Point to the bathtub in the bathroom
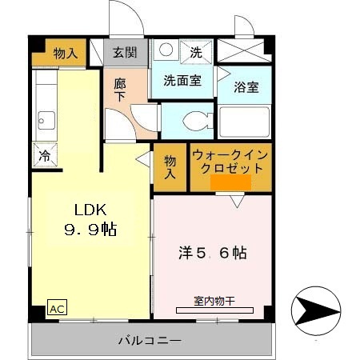pyautogui.click(x=244, y=122)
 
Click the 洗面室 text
pyautogui.click(x=182, y=80)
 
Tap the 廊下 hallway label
pyautogui.click(x=120, y=88)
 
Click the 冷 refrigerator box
pyautogui.click(x=44, y=156)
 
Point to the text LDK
pyautogui.click(x=90, y=210)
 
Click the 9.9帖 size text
pyautogui.click(x=90, y=230)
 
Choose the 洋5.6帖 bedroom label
pyautogui.click(x=211, y=253)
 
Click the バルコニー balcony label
pyautogui.click(x=150, y=340)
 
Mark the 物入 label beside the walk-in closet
pyautogui.click(x=170, y=166)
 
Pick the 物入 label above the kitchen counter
pyautogui.click(x=66, y=54)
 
